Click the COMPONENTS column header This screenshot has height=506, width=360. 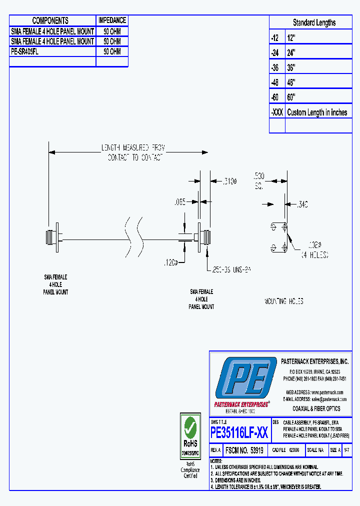tap(50, 20)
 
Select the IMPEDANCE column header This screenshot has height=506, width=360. tap(112, 20)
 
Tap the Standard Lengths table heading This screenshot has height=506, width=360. tap(314, 22)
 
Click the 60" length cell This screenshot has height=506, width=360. tap(291, 97)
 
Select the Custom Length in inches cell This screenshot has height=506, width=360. tap(317, 112)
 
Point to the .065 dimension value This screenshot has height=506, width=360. tap(179, 202)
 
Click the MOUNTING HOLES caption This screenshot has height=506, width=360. tap(283, 301)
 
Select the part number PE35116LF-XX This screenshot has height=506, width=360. tap(239, 432)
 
